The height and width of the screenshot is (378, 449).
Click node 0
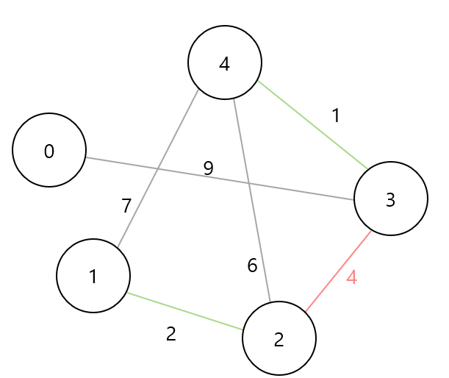point(49,150)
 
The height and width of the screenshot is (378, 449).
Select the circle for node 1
point(93,276)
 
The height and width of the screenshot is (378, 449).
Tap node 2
point(279,338)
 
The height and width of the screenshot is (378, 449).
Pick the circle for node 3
point(391,199)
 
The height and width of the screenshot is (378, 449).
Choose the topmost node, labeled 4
point(225,63)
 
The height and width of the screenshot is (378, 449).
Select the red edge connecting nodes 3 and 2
point(339,271)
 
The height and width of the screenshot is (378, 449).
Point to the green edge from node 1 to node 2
point(185,311)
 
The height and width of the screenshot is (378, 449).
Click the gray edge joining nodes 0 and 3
point(294,190)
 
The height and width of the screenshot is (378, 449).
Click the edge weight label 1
point(336,116)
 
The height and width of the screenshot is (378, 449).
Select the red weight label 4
point(351,278)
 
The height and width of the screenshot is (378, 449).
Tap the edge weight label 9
point(208,168)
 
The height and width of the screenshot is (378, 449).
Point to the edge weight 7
point(126,207)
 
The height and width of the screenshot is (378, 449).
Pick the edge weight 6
point(252,265)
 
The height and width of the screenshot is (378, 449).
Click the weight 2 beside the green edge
point(171,334)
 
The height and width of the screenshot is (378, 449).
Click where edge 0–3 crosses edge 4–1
point(158,169)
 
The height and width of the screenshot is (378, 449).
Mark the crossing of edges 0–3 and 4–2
point(249,183)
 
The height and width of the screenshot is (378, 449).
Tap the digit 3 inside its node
point(391,199)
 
